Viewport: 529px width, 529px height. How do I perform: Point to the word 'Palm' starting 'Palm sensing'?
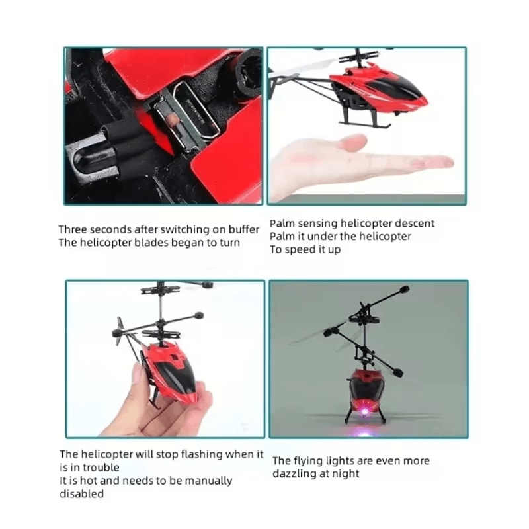(282, 224)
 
